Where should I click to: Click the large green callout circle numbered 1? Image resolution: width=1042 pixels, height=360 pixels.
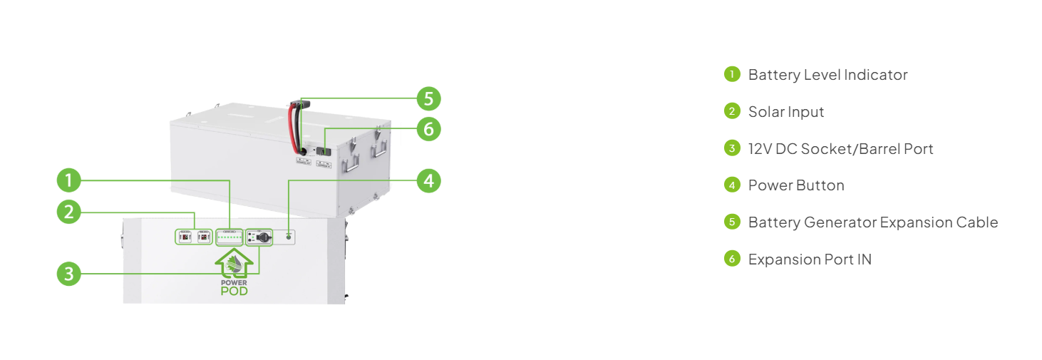click(x=69, y=180)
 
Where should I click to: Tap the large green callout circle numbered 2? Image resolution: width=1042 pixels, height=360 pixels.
click(x=69, y=212)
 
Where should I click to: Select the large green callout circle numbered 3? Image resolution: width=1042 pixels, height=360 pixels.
click(x=69, y=274)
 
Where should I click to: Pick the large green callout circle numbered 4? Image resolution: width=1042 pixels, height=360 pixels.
click(x=428, y=180)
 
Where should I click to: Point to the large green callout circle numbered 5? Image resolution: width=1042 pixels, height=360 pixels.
click(x=428, y=98)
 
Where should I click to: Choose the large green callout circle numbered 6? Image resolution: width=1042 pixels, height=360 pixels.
click(x=428, y=129)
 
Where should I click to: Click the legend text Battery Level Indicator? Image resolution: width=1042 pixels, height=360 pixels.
click(x=827, y=75)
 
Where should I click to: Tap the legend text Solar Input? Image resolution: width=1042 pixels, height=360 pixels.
click(x=785, y=112)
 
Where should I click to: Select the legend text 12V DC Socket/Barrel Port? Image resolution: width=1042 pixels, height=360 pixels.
click(x=840, y=149)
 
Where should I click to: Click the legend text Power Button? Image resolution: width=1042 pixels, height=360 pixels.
click(x=796, y=185)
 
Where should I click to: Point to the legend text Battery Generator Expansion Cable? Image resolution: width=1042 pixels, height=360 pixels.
click(x=873, y=222)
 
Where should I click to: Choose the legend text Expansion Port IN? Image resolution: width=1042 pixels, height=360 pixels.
click(x=810, y=259)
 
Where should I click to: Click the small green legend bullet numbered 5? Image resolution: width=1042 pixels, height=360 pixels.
click(x=732, y=222)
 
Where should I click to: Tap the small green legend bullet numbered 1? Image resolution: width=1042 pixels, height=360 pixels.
click(x=732, y=74)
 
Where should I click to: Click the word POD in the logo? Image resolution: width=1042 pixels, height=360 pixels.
click(x=234, y=291)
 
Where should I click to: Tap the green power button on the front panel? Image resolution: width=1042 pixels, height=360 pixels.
click(x=289, y=237)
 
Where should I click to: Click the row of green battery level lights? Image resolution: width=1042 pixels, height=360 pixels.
click(x=229, y=237)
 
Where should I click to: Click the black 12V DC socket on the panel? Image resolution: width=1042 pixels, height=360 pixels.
click(x=264, y=237)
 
